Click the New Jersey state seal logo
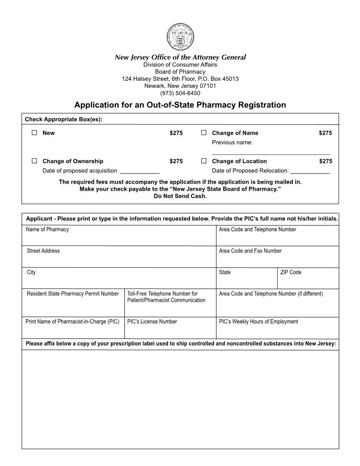[x=180, y=38]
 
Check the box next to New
[x=34, y=133]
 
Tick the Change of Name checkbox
[x=204, y=133]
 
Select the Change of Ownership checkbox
[x=34, y=161]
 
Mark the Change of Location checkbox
[x=204, y=161]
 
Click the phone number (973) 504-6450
[x=180, y=93]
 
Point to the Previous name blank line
[x=270, y=152]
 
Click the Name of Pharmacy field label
[x=47, y=229]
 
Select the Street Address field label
[x=43, y=251]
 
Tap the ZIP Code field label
[x=291, y=272]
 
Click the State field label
[x=225, y=272]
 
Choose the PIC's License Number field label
[x=152, y=322]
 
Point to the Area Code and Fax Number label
[x=250, y=251]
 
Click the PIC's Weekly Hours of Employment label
[x=258, y=322]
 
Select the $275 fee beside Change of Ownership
[x=176, y=161]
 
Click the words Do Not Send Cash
[x=180, y=196]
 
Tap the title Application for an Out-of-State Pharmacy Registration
[x=180, y=105]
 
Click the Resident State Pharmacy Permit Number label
[x=73, y=294]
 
